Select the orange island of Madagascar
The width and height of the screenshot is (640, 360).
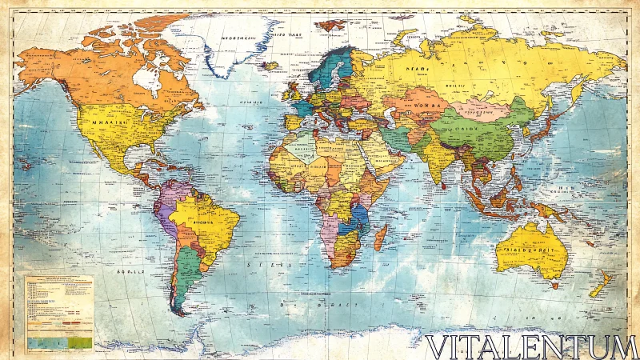[x=382, y=237]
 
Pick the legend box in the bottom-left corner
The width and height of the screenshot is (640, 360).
[x=59, y=312]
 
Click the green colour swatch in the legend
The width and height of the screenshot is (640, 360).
[x=81, y=342]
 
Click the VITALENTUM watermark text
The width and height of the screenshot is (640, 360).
[x=531, y=346]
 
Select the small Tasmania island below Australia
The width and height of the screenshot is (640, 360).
[x=554, y=285]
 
